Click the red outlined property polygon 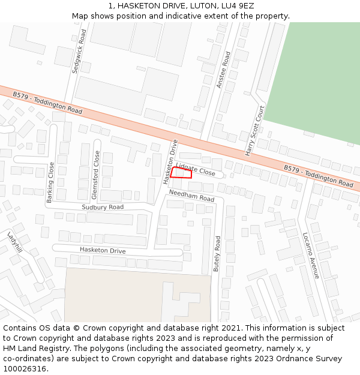(181, 173)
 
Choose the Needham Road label (191, 196)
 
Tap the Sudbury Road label (103, 207)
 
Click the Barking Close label (50, 182)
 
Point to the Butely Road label (217, 254)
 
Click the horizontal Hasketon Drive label (103, 250)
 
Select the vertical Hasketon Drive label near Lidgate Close (170, 161)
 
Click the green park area (315, 78)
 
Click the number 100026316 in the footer (25, 369)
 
